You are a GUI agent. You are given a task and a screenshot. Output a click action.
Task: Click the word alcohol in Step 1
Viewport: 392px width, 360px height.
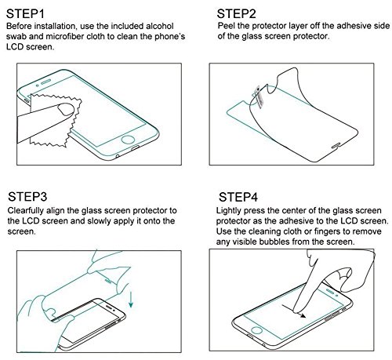click(x=165, y=27)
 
